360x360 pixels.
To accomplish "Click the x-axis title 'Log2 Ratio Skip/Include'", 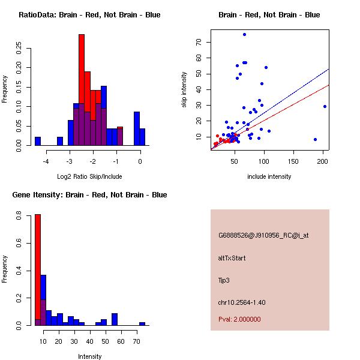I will coord(89,176).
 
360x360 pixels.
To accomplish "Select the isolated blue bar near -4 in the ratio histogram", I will coord(38,141).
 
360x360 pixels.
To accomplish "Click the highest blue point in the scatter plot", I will coord(244,34).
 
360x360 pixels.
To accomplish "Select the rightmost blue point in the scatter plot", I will coord(325,106).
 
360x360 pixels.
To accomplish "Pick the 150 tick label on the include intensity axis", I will coord(293,161).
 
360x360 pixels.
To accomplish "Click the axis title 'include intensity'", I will coord(269,176).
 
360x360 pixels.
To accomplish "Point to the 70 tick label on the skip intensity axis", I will coord(198,43).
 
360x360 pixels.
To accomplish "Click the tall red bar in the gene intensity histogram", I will coord(38,269).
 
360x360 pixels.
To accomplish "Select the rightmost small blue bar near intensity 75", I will coord(142,323).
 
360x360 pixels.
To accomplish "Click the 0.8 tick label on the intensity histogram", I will coord(19,217).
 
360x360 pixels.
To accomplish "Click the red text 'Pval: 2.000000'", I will coord(239,319).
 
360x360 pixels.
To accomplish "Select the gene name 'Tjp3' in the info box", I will coord(225,280).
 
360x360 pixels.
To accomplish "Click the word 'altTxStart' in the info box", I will coord(232,258).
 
